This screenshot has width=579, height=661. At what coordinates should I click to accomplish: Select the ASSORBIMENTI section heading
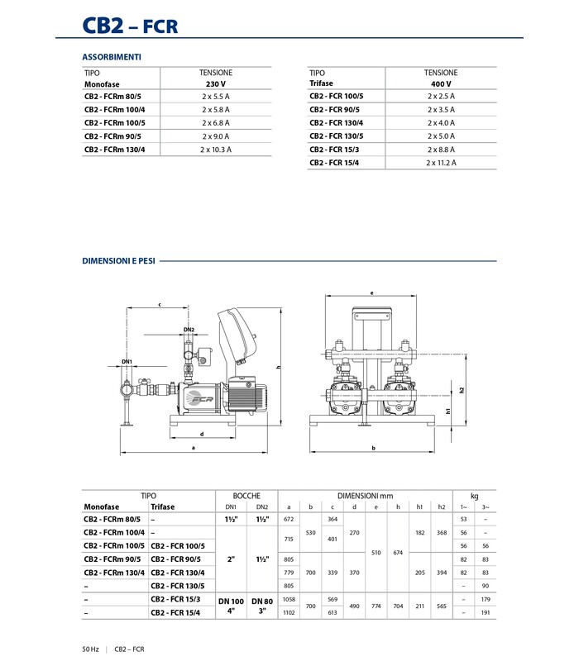(112, 57)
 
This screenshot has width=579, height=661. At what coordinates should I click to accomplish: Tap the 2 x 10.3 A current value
(216, 150)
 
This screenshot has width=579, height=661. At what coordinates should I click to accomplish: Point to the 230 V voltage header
(216, 84)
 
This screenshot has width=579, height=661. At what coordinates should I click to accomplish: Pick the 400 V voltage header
(441, 84)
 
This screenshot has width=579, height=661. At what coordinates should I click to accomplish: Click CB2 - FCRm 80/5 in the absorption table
(113, 97)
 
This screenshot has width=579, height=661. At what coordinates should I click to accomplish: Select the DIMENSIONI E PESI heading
(118, 260)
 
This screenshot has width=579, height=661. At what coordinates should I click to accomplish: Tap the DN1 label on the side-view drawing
(127, 362)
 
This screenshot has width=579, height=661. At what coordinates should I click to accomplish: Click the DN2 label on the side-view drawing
(189, 330)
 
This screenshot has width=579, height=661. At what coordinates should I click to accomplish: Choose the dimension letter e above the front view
(373, 292)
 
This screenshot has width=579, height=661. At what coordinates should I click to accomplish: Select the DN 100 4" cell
(232, 606)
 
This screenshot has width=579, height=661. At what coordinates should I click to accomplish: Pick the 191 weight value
(486, 612)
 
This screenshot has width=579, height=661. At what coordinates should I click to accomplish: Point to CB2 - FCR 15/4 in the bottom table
(176, 612)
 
